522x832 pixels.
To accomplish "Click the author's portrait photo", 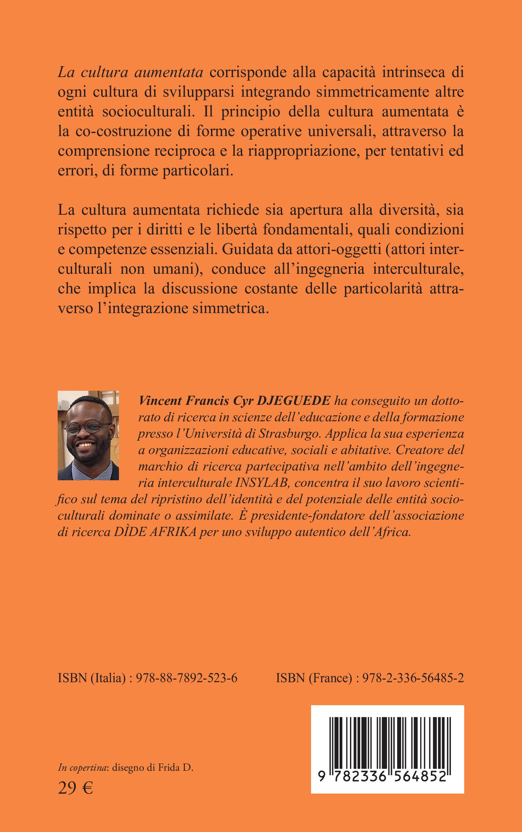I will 88,435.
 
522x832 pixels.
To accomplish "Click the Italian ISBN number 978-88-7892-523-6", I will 186,678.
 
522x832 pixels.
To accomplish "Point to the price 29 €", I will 75,788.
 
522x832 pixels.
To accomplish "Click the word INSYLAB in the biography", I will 261,483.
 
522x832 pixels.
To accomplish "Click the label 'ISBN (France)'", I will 314,678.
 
